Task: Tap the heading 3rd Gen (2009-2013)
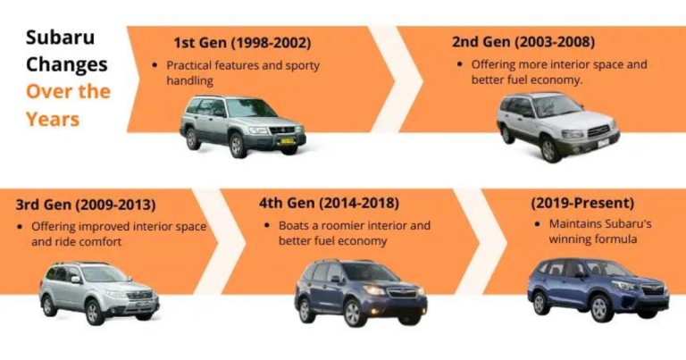pos(86,204)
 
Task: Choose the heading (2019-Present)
pos(582,204)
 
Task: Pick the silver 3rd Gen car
pos(98,291)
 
